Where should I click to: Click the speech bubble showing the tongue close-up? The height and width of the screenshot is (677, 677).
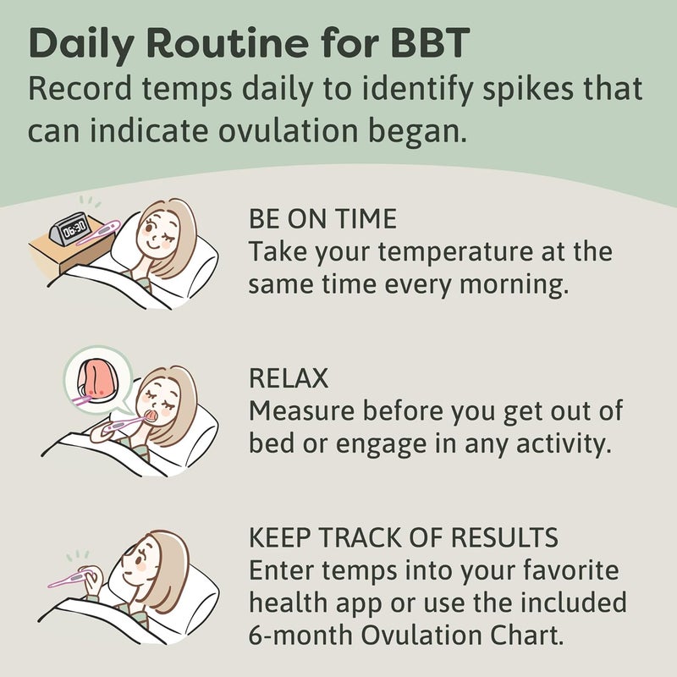click(x=94, y=379)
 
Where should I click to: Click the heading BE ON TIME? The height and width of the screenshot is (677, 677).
click(x=322, y=219)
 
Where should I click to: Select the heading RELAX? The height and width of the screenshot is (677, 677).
click(x=289, y=378)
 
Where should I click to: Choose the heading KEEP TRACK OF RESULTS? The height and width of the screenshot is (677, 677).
click(x=403, y=537)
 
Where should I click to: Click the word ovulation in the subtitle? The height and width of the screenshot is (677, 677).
click(x=323, y=130)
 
